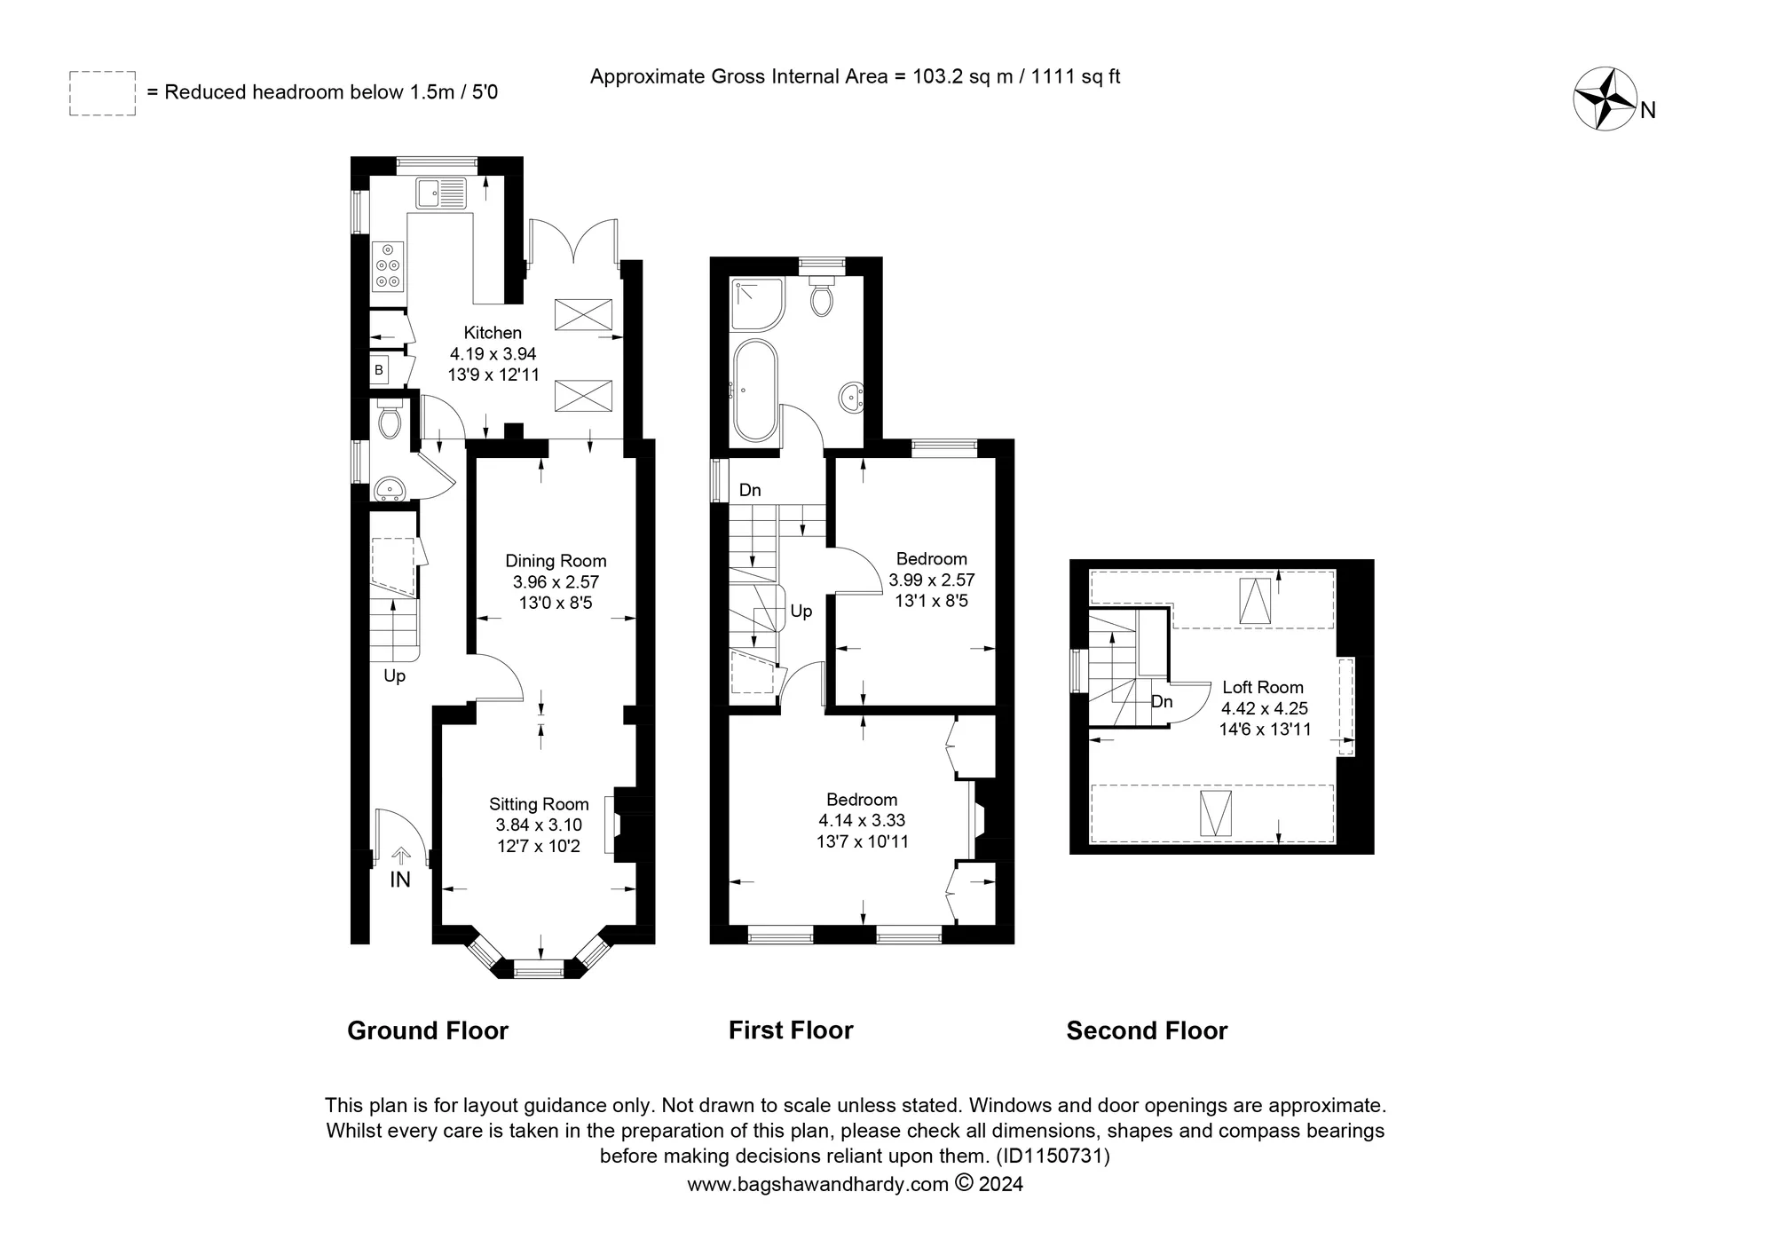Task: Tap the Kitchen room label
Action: coord(493,333)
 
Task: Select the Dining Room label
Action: coord(556,561)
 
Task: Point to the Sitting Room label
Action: coord(539,804)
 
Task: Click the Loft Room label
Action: coord(1263,687)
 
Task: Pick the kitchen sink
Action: coord(440,193)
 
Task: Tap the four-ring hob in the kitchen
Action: coord(389,266)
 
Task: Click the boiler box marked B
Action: coord(379,370)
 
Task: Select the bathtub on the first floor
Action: coord(755,391)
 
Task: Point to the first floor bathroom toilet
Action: coord(822,295)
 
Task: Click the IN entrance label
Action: coord(400,880)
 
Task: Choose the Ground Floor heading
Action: coord(428,1030)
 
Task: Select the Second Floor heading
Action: coord(1147,1030)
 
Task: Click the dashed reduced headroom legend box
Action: coord(102,93)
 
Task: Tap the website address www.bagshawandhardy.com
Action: coord(818,1184)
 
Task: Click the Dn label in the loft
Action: coord(1162,702)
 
